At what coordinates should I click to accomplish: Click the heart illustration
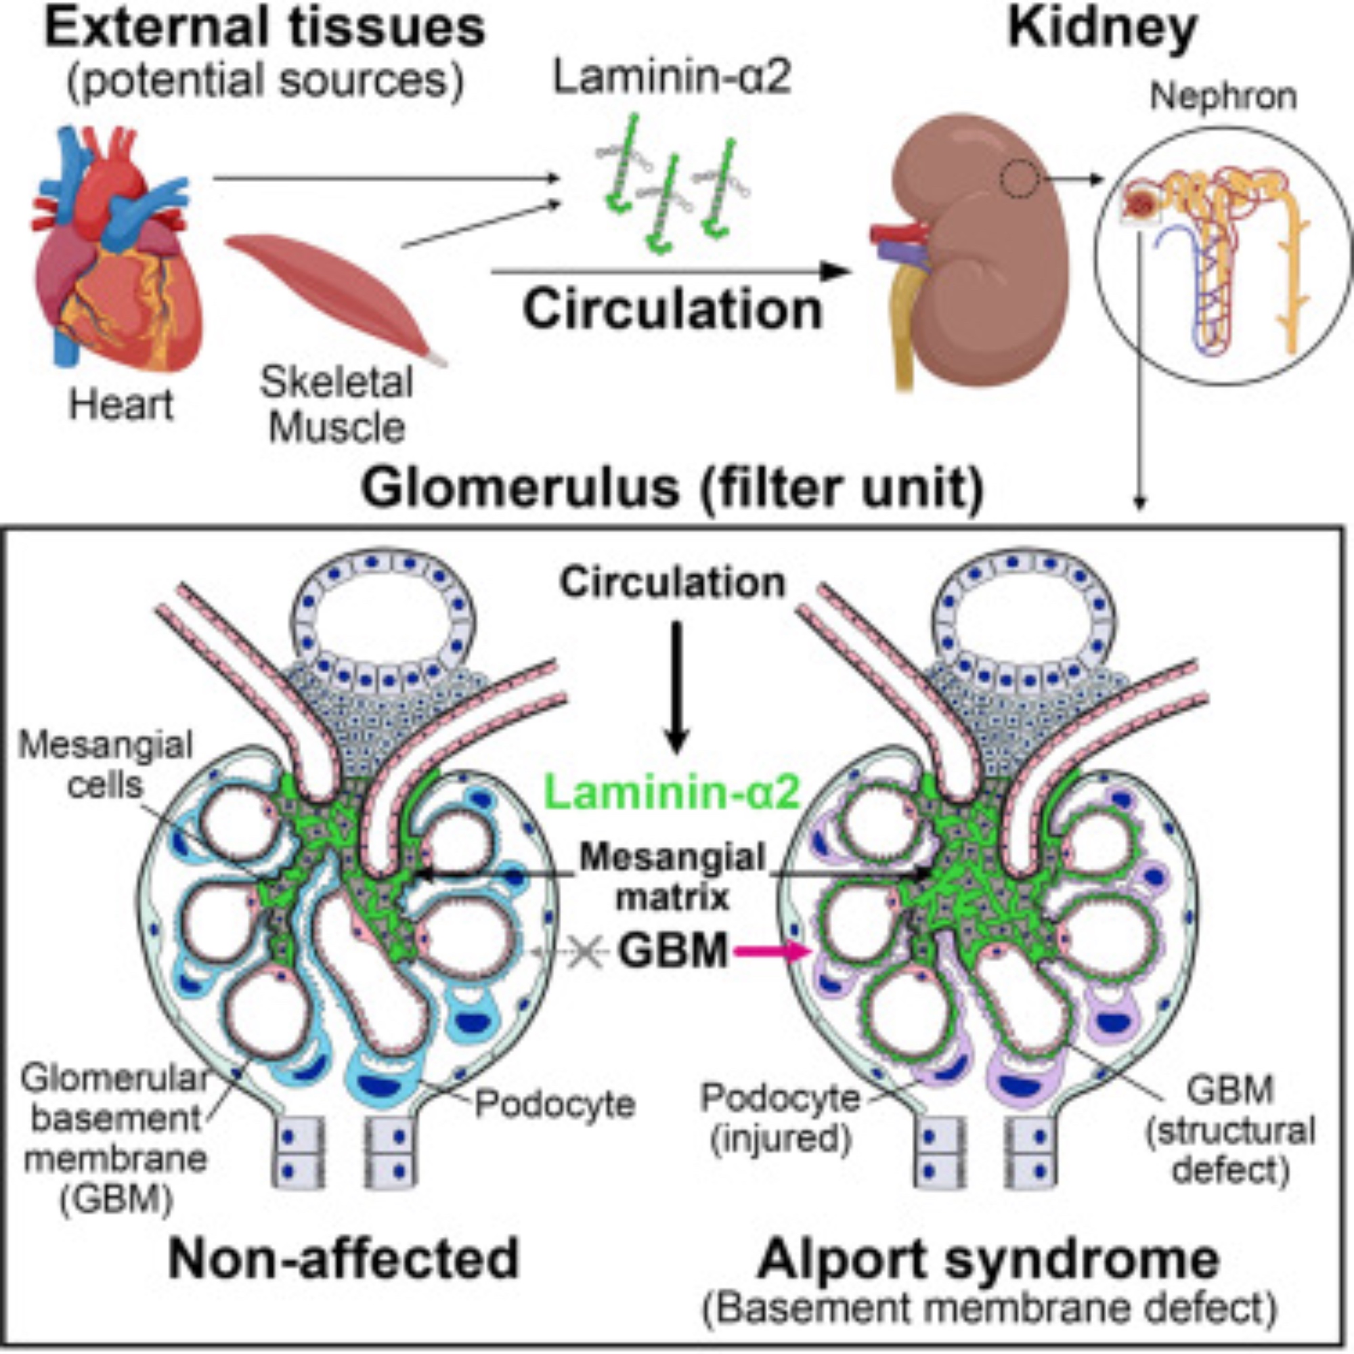[x=112, y=253]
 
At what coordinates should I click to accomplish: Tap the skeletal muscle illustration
[x=330, y=294]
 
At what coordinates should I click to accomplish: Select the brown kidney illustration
[x=981, y=253]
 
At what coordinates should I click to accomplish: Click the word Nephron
[x=1222, y=97]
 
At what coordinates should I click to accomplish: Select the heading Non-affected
[x=343, y=1258]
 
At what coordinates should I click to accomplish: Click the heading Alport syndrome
[x=988, y=1258]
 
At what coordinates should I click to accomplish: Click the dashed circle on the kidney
[x=1018, y=179]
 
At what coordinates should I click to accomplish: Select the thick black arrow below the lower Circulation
[x=676, y=686]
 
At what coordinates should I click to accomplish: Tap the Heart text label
[x=121, y=405]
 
